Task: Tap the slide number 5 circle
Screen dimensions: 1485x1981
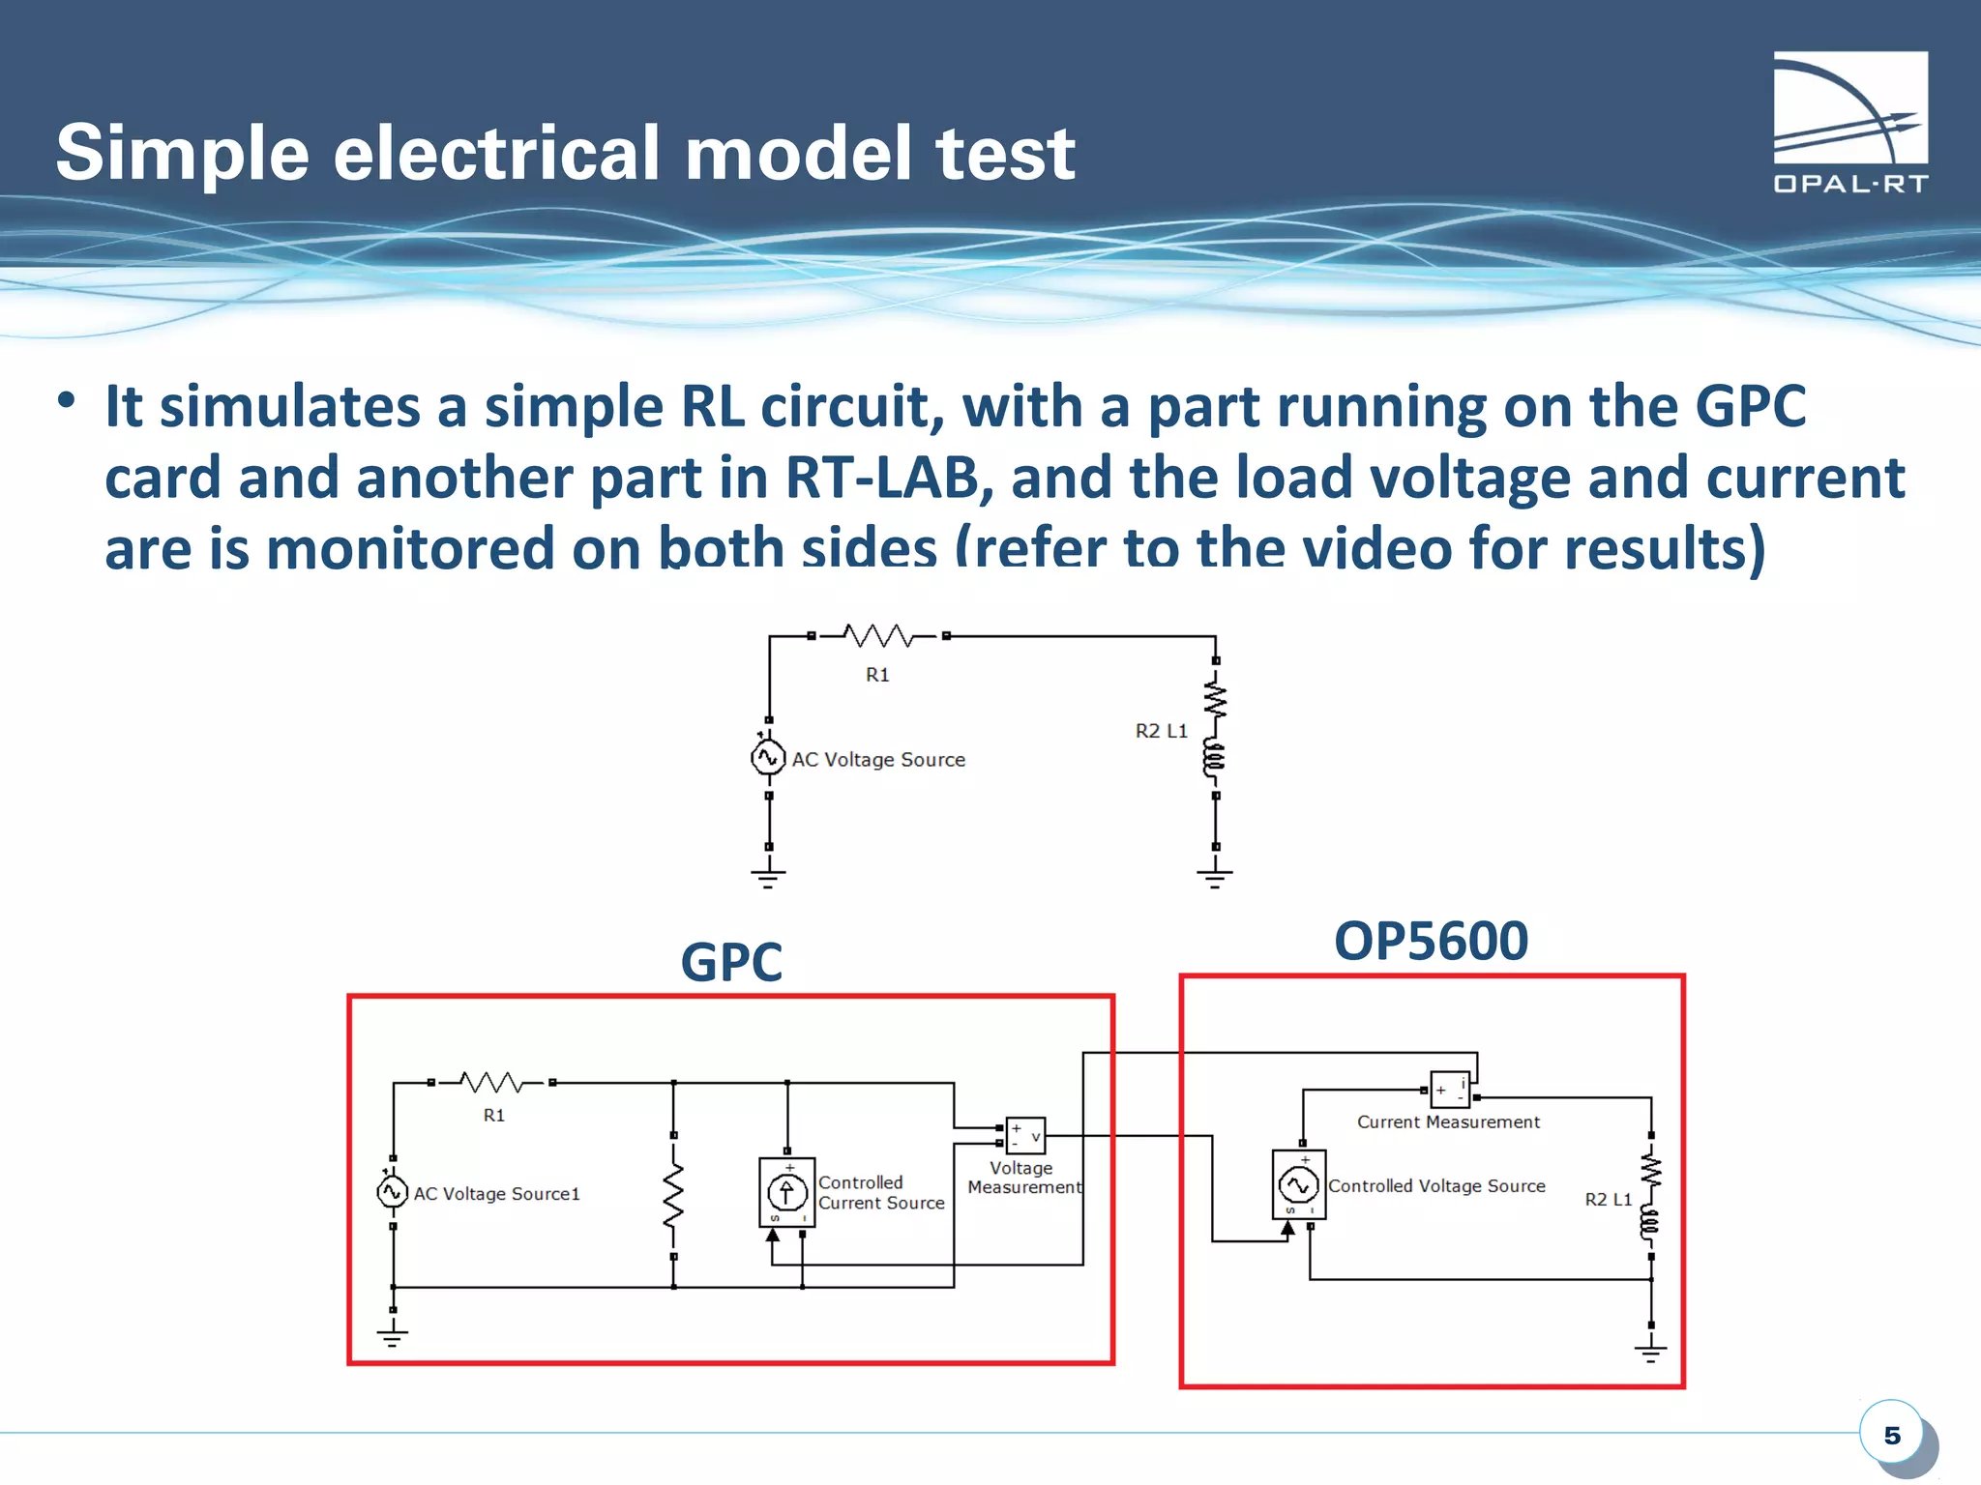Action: [1891, 1434]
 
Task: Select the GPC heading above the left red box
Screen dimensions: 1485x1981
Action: [731, 962]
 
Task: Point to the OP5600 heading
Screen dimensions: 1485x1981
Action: [1431, 941]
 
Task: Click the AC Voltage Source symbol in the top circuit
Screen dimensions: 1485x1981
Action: [768, 757]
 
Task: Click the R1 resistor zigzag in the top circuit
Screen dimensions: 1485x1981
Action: [878, 635]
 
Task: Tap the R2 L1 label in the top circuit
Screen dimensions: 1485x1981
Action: [1161, 731]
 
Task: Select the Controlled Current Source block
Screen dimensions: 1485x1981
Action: [786, 1192]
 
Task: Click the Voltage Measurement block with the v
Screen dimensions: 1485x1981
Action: [1025, 1135]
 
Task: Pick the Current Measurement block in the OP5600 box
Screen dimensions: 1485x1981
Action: [1450, 1090]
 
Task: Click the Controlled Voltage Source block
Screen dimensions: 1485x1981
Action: [1298, 1183]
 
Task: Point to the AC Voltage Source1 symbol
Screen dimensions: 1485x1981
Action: [392, 1191]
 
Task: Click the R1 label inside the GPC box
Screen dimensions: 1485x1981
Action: [493, 1115]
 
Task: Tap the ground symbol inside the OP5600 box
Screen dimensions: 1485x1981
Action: [1650, 1351]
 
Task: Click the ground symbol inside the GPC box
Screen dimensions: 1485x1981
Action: [392, 1337]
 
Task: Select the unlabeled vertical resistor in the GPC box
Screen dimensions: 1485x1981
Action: [673, 1195]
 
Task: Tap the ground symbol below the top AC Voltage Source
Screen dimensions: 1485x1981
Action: [768, 876]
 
